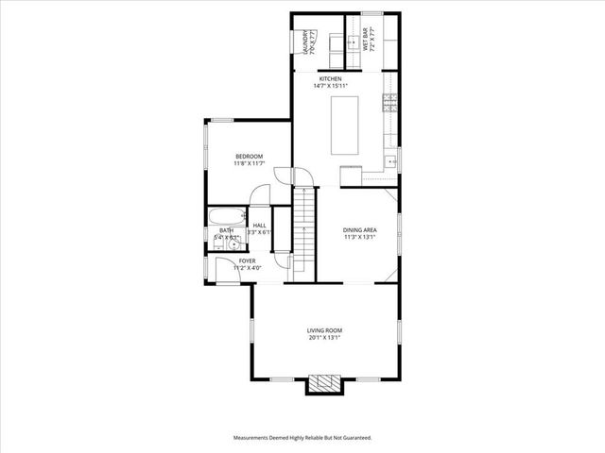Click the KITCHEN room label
330,78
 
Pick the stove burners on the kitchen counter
389,100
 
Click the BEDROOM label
249,156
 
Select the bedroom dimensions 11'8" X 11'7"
249,164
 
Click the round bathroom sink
231,243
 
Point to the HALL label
259,225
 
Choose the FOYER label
247,260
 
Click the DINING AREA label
359,229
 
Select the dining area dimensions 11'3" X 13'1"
359,237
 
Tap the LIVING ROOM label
322,330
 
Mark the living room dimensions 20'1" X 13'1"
322,338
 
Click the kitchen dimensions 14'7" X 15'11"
331,86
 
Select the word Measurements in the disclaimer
254,438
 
